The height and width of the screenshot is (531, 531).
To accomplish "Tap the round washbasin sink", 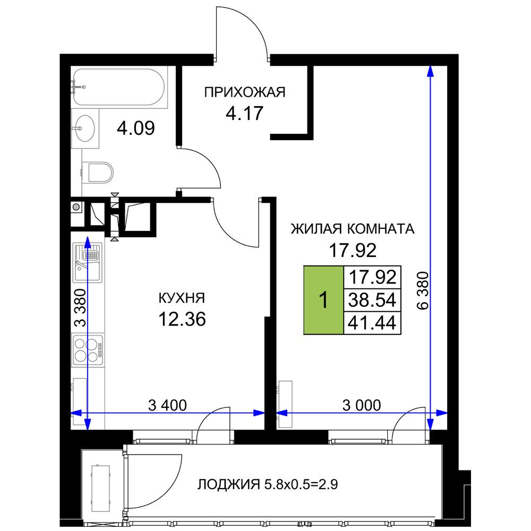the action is (x=84, y=129).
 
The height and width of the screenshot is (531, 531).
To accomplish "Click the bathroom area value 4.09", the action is (x=136, y=128).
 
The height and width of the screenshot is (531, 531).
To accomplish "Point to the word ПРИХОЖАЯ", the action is (x=244, y=92).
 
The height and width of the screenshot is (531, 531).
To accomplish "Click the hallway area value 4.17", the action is (x=244, y=113).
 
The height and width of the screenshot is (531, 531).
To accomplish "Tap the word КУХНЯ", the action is (x=182, y=298).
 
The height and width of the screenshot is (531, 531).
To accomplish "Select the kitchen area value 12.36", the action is (x=182, y=319).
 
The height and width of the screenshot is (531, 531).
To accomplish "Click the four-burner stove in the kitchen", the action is (x=88, y=349).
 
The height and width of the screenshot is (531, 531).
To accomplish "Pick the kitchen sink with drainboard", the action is (x=88, y=262).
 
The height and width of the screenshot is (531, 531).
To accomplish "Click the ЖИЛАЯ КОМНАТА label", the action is (x=353, y=229).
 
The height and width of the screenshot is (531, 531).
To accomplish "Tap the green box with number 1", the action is (x=323, y=300).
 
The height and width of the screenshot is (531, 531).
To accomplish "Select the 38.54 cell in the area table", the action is (x=372, y=300).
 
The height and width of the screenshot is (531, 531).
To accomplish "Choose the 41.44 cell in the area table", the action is (x=372, y=323).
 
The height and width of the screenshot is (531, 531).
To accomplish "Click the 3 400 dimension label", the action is (x=167, y=405).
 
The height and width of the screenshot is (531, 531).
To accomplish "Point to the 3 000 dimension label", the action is (x=361, y=405).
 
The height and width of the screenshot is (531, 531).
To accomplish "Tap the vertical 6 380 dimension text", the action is (x=423, y=290).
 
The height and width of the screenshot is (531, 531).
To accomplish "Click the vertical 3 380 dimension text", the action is (x=80, y=307).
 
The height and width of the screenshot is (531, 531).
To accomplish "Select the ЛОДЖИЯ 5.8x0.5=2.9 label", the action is (x=268, y=484).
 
